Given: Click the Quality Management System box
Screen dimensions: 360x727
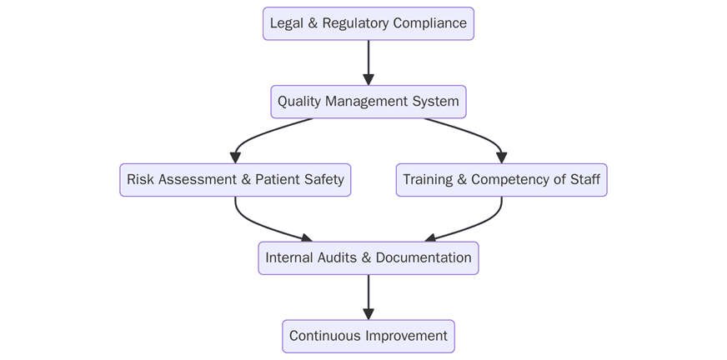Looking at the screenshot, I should pyautogui.click(x=368, y=102).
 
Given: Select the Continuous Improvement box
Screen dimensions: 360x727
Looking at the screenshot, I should pyautogui.click(x=368, y=336).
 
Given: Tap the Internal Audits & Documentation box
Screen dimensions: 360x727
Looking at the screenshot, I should pyautogui.click(x=368, y=258).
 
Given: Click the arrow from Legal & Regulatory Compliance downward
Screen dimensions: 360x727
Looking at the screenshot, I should pyautogui.click(x=368, y=62).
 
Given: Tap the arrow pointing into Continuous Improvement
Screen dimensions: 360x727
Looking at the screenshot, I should pyautogui.click(x=368, y=297).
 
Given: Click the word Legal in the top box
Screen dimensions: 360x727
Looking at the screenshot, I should pyautogui.click(x=286, y=23).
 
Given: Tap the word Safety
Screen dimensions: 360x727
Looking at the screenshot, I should pyautogui.click(x=324, y=180).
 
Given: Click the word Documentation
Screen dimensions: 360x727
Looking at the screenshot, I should pyautogui.click(x=424, y=258).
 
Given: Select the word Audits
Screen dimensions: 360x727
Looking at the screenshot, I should pyautogui.click(x=335, y=258).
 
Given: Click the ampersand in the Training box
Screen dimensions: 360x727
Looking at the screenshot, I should pyautogui.click(x=462, y=180).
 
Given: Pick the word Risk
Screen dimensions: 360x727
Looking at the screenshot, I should pyautogui.click(x=141, y=180).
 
